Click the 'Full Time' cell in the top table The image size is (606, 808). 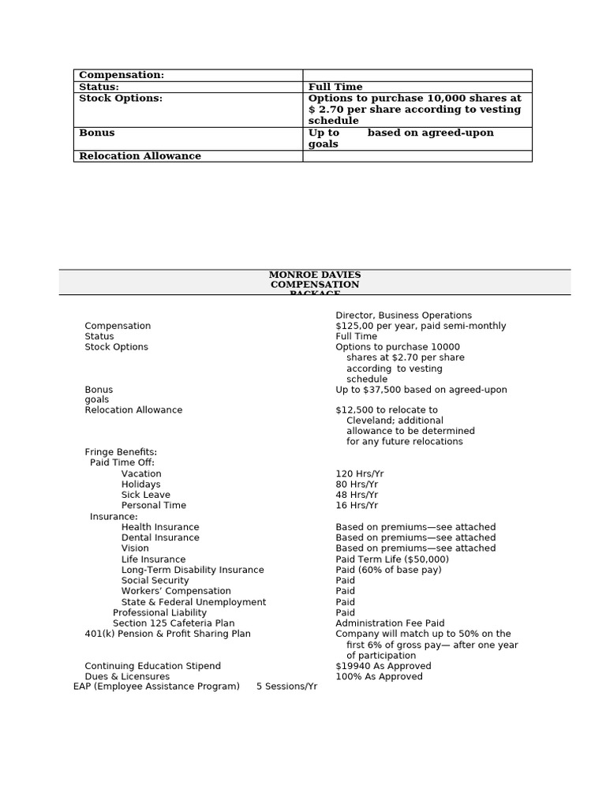click(x=335, y=87)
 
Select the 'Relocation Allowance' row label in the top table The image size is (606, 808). click(x=140, y=156)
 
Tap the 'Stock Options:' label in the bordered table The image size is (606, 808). click(x=121, y=99)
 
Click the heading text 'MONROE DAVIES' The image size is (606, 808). click(x=315, y=275)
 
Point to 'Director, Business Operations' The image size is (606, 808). click(x=403, y=316)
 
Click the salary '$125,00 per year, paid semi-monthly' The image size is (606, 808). click(x=421, y=326)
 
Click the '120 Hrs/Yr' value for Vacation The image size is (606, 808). click(x=359, y=474)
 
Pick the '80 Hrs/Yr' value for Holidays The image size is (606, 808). click(x=357, y=484)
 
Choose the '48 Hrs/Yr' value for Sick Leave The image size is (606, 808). click(x=357, y=496)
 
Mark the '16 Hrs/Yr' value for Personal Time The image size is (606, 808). click(x=357, y=506)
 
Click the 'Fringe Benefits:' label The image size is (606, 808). click(x=121, y=452)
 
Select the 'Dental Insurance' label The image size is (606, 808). click(x=160, y=538)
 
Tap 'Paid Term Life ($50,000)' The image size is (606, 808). click(x=392, y=559)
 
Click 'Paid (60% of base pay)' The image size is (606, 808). click(x=388, y=570)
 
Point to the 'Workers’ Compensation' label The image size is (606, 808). click(x=176, y=591)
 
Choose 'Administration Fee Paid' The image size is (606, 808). click(x=390, y=623)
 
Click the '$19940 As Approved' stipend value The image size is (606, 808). click(x=383, y=666)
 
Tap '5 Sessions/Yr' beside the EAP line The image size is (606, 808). click(x=286, y=686)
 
